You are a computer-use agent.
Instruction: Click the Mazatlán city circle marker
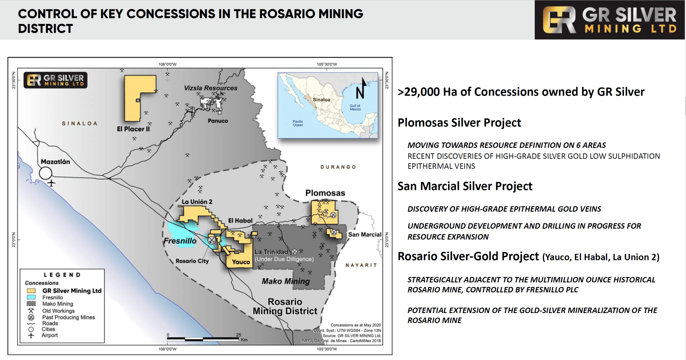(x=45, y=173)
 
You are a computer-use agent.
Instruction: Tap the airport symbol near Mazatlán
(x=51, y=183)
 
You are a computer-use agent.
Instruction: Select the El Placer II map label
(x=133, y=129)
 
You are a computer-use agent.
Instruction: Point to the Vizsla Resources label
(x=211, y=88)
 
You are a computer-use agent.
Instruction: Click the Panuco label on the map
(x=218, y=121)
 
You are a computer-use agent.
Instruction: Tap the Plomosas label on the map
(x=325, y=193)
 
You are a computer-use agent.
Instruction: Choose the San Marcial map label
(x=365, y=234)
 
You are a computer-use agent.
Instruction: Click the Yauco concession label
(x=241, y=262)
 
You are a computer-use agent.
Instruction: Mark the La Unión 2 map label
(x=197, y=202)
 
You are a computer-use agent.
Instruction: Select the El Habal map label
(x=240, y=220)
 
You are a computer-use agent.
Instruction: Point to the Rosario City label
(x=192, y=261)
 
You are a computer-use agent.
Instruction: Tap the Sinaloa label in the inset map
(x=321, y=100)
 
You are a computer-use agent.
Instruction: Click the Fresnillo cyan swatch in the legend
(x=31, y=297)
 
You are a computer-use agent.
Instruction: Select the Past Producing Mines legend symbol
(x=31, y=317)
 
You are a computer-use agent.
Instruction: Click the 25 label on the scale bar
(x=239, y=335)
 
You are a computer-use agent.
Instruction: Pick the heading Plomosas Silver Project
(x=459, y=123)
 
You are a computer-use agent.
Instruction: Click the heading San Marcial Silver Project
(x=465, y=186)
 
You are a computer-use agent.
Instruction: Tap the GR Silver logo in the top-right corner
(x=610, y=20)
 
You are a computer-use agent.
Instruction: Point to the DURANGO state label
(x=338, y=167)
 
